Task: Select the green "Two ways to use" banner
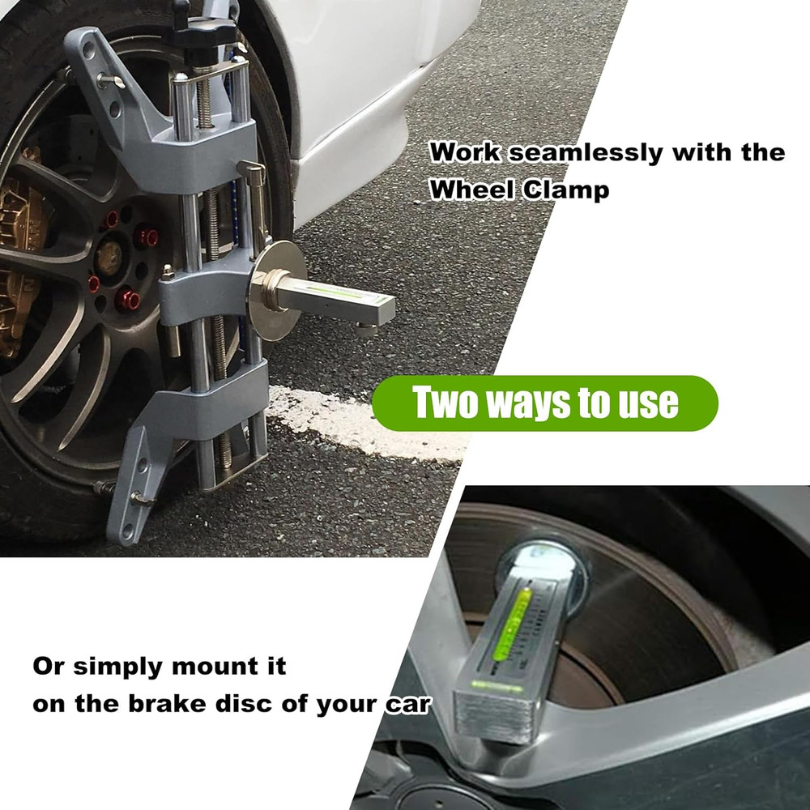click(544, 403)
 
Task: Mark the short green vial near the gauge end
click(486, 685)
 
